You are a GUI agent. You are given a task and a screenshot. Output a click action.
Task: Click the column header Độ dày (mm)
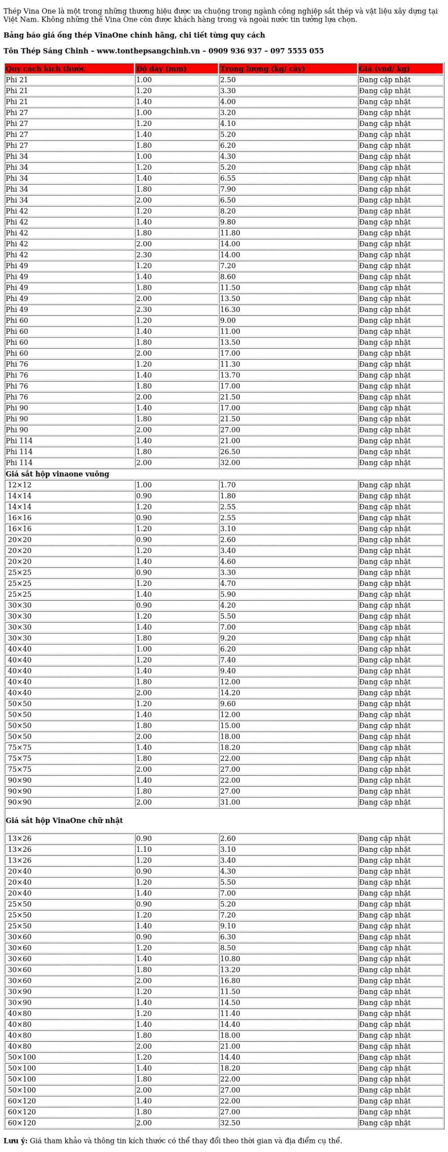pyautogui.click(x=161, y=69)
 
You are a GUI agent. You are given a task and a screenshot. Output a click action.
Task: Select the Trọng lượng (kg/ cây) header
pyautogui.click(x=262, y=69)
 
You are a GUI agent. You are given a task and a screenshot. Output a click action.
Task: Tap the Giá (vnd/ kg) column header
pyautogui.click(x=384, y=69)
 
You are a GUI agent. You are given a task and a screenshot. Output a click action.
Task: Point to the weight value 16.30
pyautogui.click(x=230, y=310)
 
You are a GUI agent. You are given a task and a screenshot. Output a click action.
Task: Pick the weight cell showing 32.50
pyautogui.click(x=230, y=1123)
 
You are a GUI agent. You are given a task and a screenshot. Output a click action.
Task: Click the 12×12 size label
pyautogui.click(x=19, y=485)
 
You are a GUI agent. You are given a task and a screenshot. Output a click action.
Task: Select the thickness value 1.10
pyautogui.click(x=144, y=850)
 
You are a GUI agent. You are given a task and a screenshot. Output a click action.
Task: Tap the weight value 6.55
pyautogui.click(x=228, y=178)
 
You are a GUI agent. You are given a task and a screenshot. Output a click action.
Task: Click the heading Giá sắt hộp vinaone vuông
pyautogui.click(x=57, y=474)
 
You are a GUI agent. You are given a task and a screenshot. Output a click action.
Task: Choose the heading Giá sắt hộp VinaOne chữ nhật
pyautogui.click(x=64, y=820)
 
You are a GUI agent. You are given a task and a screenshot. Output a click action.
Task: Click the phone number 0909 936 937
pyautogui.click(x=235, y=51)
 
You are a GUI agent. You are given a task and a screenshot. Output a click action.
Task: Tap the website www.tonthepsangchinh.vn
pyautogui.click(x=148, y=51)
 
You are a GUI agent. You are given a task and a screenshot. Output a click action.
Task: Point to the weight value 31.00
pyautogui.click(x=230, y=802)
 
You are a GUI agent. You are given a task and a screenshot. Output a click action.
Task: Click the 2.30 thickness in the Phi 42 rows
pyautogui.click(x=144, y=255)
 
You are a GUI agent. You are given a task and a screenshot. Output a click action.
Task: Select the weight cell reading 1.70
pyautogui.click(x=228, y=485)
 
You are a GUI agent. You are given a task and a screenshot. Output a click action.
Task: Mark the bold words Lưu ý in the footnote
pyautogui.click(x=15, y=1141)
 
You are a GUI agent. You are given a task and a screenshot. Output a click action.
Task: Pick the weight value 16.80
pyautogui.click(x=230, y=981)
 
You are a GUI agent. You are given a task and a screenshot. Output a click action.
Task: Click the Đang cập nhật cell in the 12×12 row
pyautogui.click(x=385, y=485)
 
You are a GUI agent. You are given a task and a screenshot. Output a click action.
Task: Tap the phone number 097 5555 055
pyautogui.click(x=297, y=51)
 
